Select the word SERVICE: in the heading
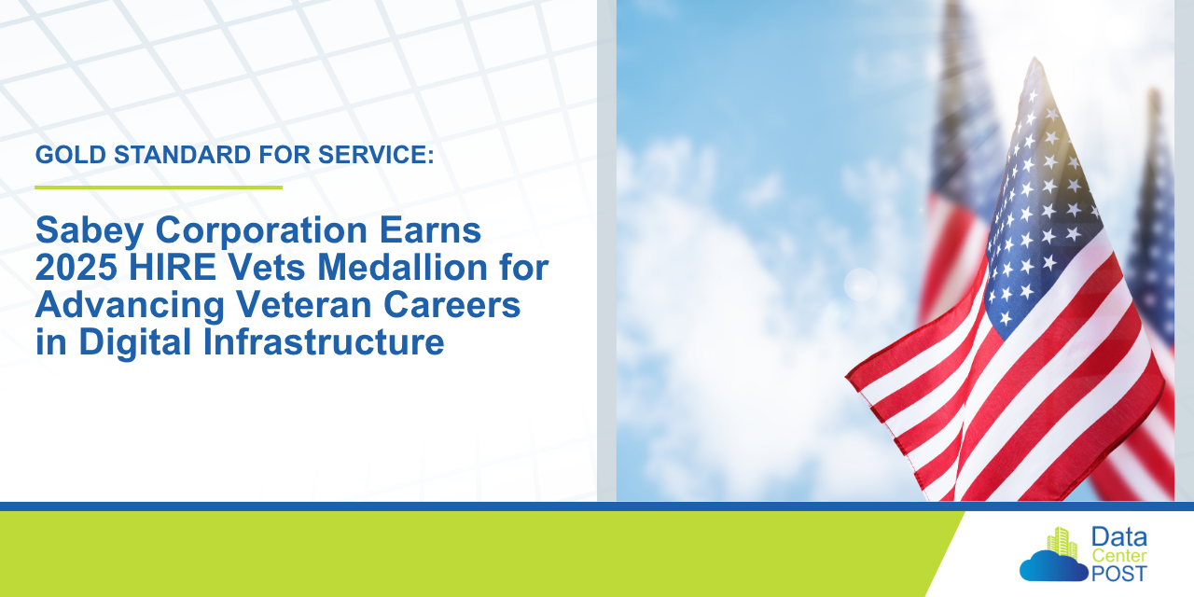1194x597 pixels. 376,155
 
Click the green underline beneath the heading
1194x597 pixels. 159,187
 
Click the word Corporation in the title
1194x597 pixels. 261,230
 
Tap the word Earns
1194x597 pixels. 430,229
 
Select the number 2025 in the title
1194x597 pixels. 76,267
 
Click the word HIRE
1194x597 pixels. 173,267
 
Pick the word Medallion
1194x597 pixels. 402,267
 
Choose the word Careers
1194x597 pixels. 452,304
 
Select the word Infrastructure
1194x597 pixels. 324,341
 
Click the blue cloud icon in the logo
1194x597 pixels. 1053,566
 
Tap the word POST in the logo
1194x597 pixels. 1118,574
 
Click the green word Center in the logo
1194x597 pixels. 1118,556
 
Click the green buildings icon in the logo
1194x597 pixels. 1062,542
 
